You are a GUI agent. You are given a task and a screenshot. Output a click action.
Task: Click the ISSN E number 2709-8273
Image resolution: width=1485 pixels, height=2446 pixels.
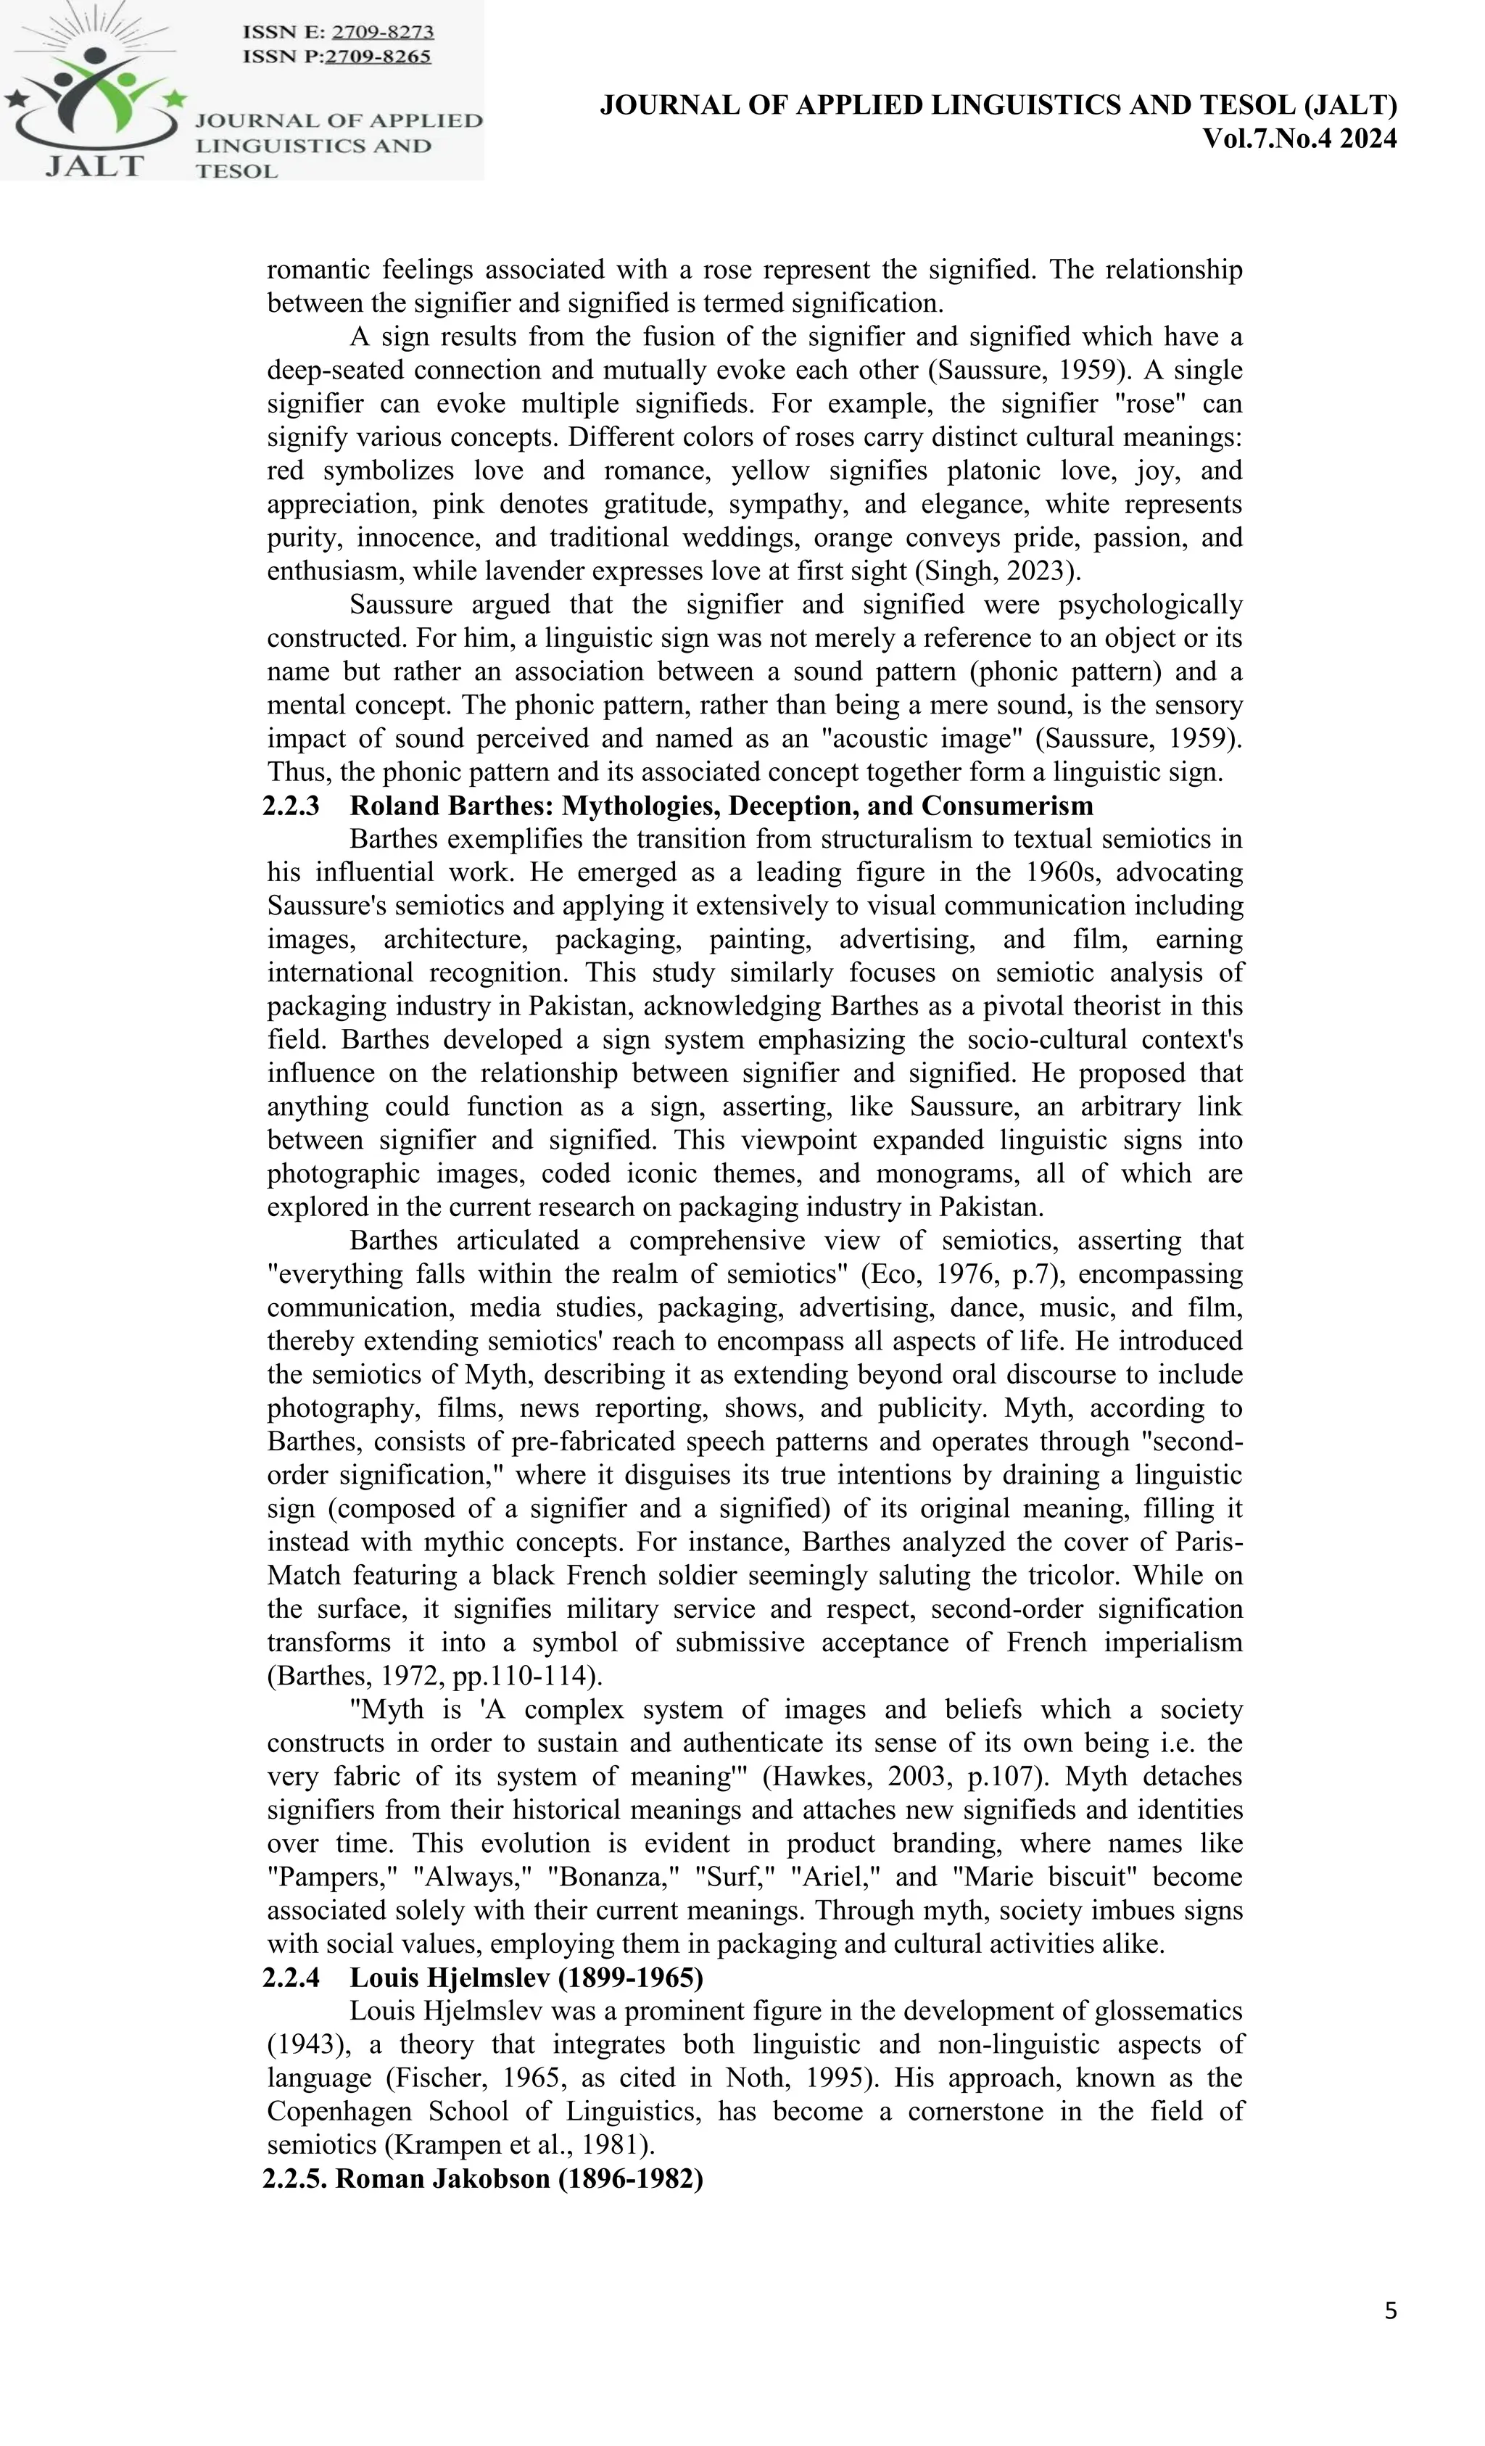[382, 32]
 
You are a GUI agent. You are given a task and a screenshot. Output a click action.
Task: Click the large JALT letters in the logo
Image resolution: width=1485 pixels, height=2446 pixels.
[94, 165]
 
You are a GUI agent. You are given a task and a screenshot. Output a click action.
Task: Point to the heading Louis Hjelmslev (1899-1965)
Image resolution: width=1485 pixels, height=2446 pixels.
[526, 1978]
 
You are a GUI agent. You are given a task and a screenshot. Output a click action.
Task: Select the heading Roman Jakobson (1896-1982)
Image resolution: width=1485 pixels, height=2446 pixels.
[519, 2178]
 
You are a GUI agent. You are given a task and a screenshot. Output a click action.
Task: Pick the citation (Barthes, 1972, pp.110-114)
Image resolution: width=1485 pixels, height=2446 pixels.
[434, 1676]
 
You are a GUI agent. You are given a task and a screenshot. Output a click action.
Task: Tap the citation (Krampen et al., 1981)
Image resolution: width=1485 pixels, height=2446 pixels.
[519, 2145]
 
